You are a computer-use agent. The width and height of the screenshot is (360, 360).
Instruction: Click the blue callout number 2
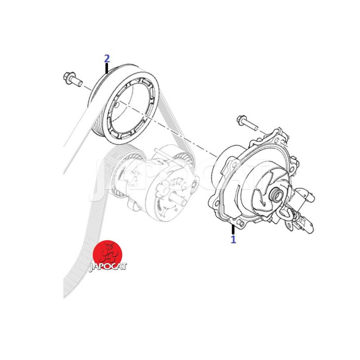click(x=107, y=59)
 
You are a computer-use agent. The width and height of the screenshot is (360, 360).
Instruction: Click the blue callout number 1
click(x=233, y=239)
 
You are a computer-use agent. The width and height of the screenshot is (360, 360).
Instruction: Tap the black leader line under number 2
click(x=107, y=68)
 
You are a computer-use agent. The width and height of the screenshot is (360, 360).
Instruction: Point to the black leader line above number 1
click(x=233, y=229)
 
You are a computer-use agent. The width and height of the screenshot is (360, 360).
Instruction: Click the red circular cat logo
click(x=107, y=254)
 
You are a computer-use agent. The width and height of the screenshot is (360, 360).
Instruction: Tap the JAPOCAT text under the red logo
click(x=108, y=267)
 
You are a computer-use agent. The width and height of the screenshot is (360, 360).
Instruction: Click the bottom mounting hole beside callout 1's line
click(x=241, y=222)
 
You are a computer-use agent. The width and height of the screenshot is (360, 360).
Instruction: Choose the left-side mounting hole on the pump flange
click(x=216, y=202)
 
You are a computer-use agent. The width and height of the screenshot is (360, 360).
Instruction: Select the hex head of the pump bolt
click(x=241, y=120)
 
